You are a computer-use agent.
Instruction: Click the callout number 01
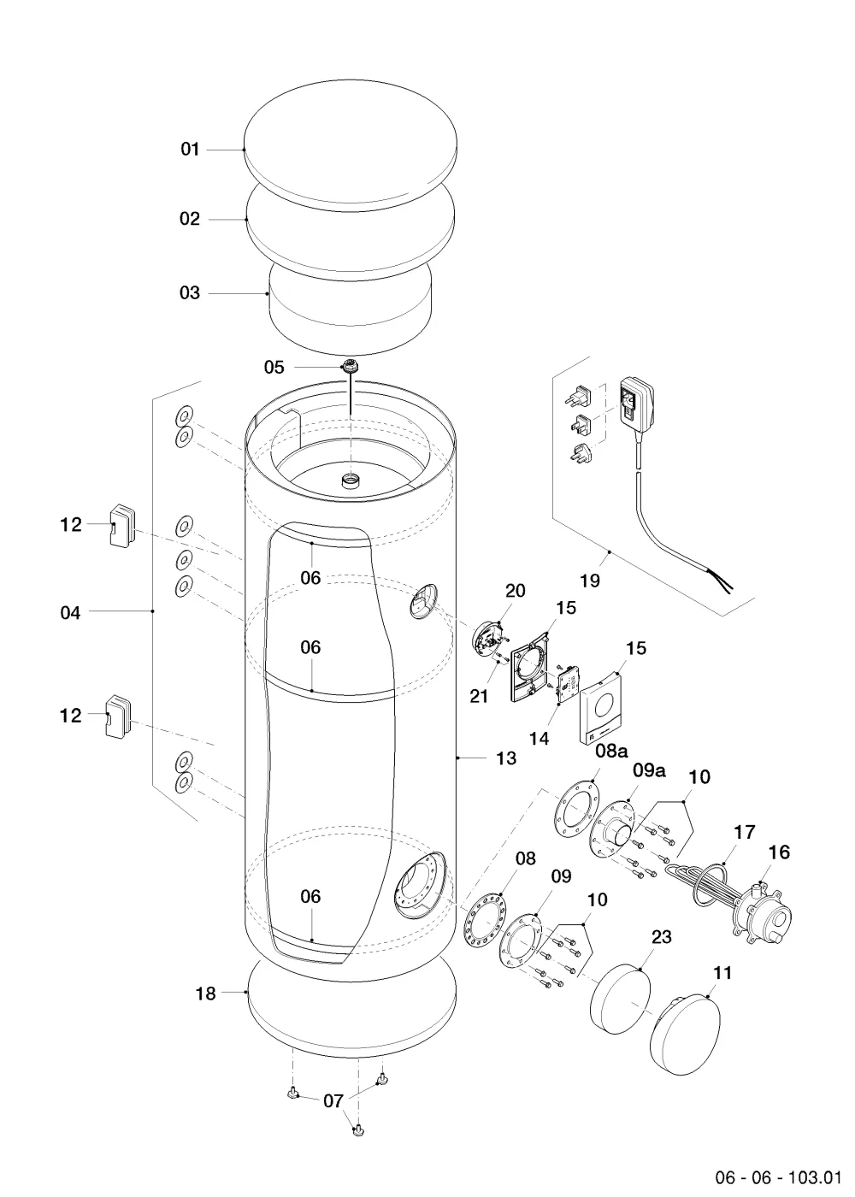(190, 149)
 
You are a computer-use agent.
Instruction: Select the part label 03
(190, 292)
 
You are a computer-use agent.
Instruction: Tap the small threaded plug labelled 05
(350, 367)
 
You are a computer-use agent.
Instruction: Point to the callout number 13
(506, 758)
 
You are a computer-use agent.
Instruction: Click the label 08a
(611, 751)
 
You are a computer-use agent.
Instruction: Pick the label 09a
(649, 770)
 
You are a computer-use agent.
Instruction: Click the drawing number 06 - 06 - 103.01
(779, 1177)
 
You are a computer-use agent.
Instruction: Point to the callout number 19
(590, 581)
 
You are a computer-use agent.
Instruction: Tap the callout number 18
(206, 994)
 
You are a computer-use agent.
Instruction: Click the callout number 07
(333, 1101)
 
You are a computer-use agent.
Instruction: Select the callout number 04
(70, 612)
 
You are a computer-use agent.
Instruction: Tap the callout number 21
(479, 696)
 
